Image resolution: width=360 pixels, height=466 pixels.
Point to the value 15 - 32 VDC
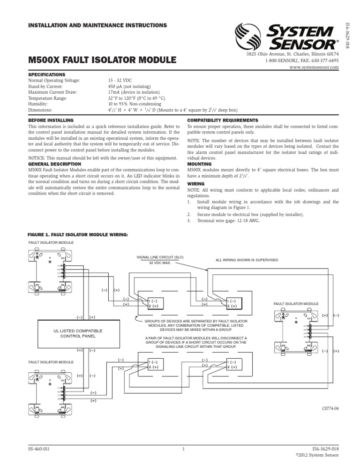tap(121, 80)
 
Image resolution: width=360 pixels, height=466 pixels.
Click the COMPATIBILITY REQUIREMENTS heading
tap(223, 120)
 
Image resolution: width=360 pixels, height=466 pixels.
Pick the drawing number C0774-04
tap(330, 409)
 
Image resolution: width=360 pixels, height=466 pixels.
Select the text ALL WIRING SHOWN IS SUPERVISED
tap(247, 260)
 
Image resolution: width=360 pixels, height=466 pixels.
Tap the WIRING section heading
tap(195, 184)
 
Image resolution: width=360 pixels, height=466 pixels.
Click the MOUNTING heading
tap(199, 164)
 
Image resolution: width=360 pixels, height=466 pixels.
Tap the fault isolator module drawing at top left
tap(49, 271)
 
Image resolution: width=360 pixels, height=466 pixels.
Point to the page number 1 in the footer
tap(184, 449)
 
